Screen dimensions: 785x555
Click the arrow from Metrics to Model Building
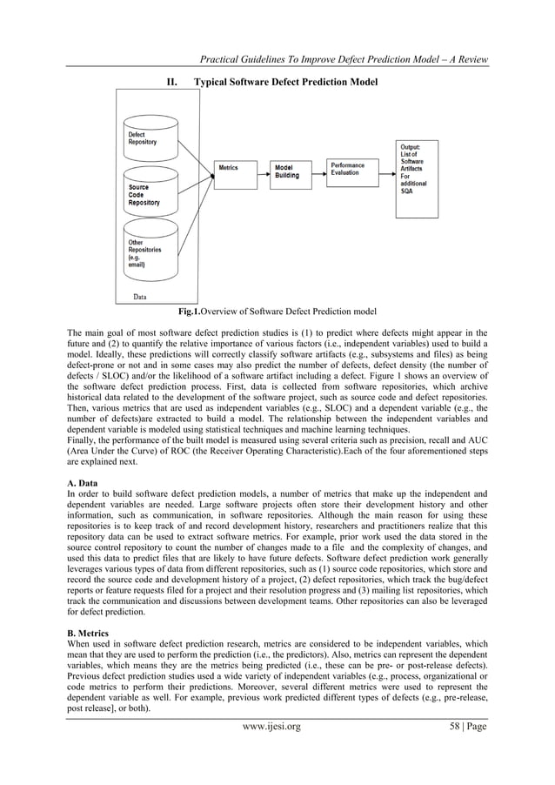click(262, 169)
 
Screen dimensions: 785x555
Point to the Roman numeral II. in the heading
click(171, 81)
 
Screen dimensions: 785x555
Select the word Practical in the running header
click(224, 59)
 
